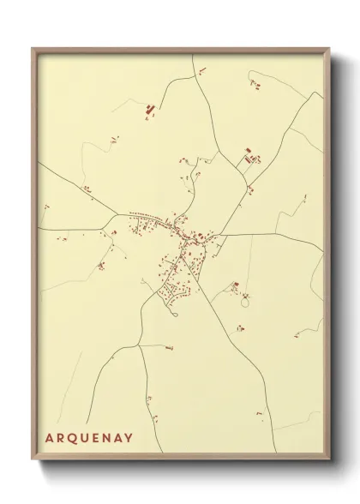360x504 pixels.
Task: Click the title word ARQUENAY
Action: pos(89,438)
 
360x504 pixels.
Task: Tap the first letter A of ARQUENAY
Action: pos(49,438)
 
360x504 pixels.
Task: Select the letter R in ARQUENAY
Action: pos(60,438)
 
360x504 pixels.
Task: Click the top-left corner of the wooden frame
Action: pos(33,48)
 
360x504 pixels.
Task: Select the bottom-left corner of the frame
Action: pos(33,460)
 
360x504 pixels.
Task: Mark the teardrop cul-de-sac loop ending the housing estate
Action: pos(175,314)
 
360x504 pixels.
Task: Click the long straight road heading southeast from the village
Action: pos(231,326)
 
